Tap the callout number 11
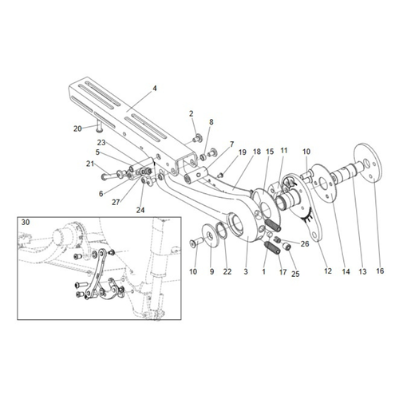coord(283,150)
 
